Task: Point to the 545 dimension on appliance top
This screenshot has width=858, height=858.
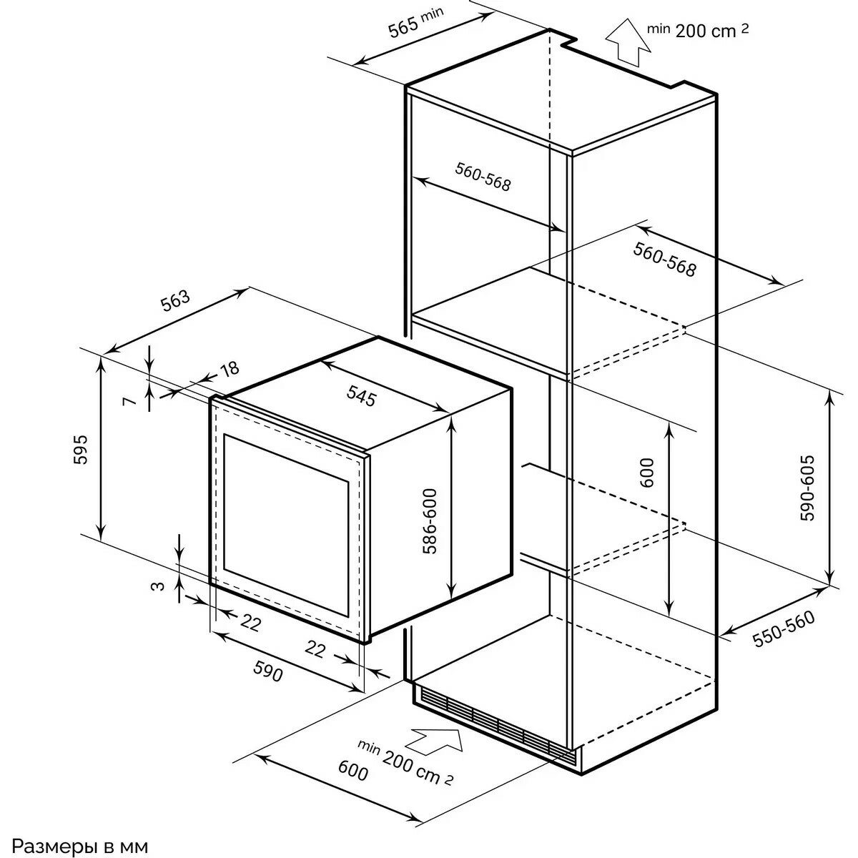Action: (362, 395)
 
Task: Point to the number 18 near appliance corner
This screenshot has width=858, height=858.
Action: (228, 369)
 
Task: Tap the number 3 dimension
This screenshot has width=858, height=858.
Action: (159, 586)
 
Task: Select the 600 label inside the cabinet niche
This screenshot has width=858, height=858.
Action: (648, 472)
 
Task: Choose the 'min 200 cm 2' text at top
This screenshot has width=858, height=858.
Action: (698, 30)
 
